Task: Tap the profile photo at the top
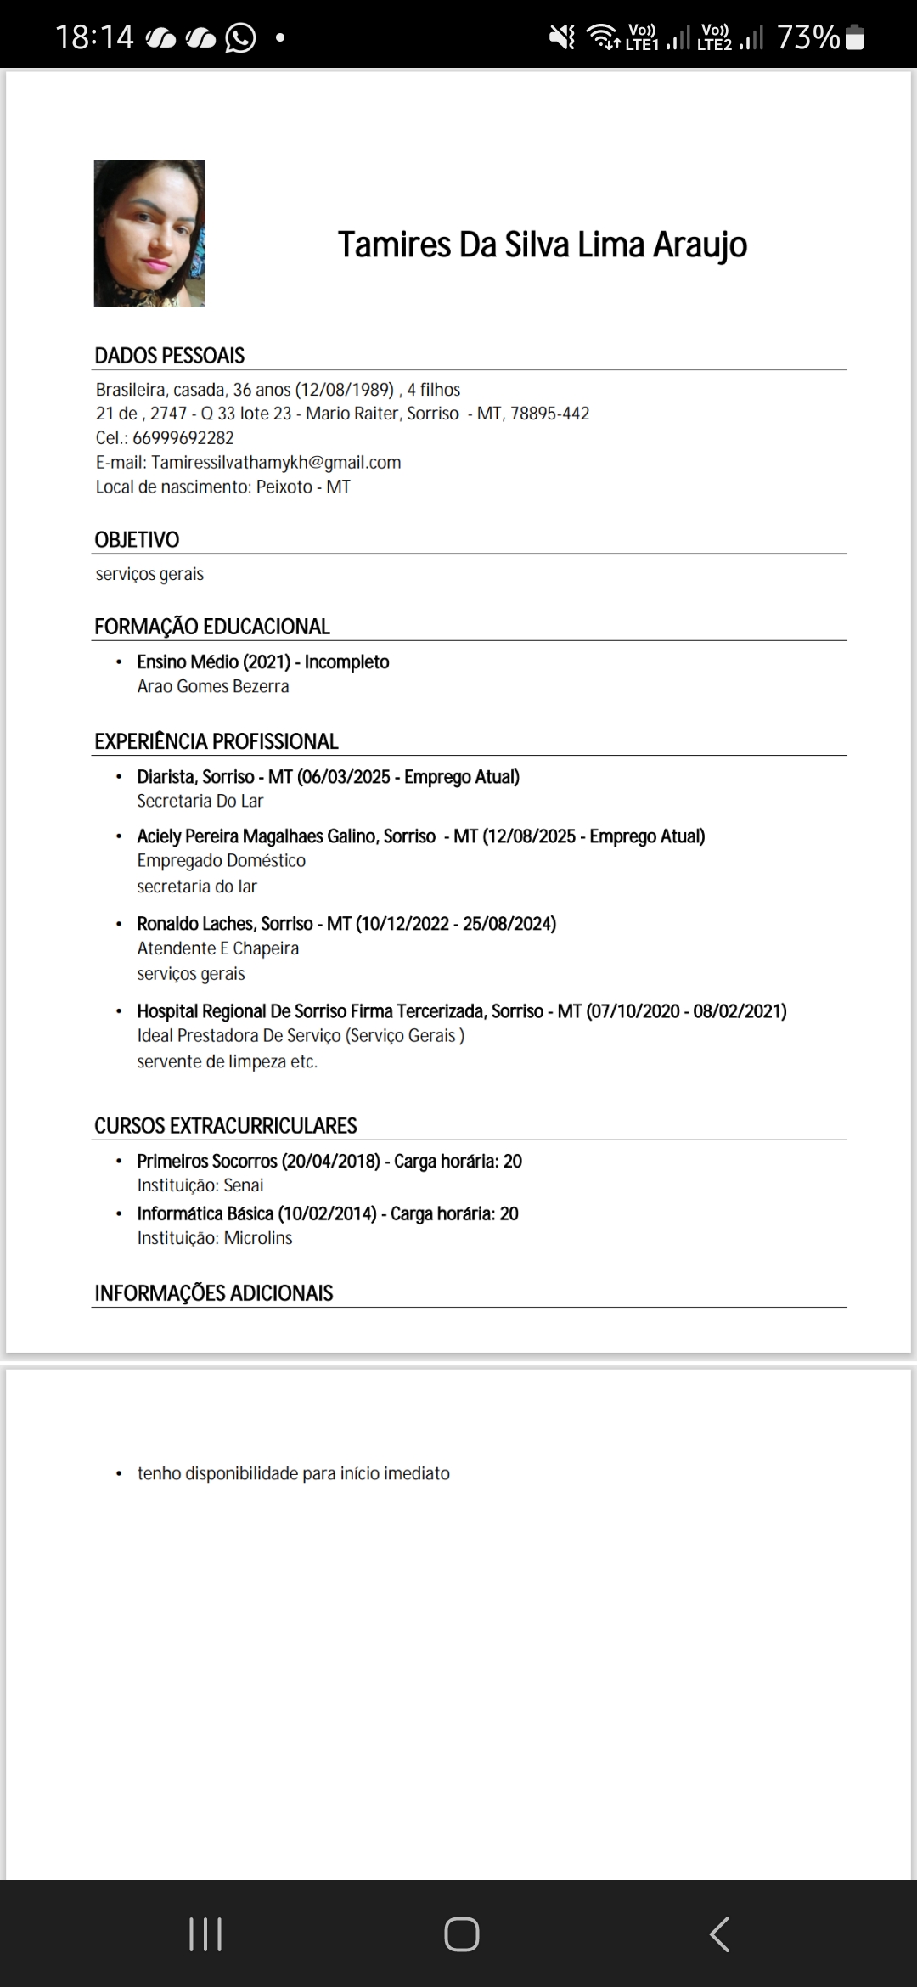(x=149, y=234)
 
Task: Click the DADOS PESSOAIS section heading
(x=169, y=356)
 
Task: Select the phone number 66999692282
(x=183, y=438)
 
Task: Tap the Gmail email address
(x=276, y=463)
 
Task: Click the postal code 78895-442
(x=549, y=414)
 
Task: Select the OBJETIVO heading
(x=137, y=540)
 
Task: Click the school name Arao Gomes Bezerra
(x=213, y=686)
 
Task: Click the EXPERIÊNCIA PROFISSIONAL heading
(x=216, y=741)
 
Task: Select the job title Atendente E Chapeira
(x=218, y=948)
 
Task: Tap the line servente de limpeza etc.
(x=227, y=1061)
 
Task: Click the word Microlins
(x=258, y=1238)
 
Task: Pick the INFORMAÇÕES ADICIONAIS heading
(x=213, y=1293)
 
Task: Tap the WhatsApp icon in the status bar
(x=240, y=38)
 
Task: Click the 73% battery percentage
(x=807, y=38)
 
